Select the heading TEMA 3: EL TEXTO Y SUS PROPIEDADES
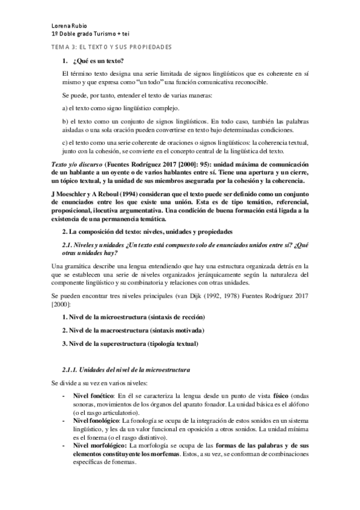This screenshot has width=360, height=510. (x=111, y=46)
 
